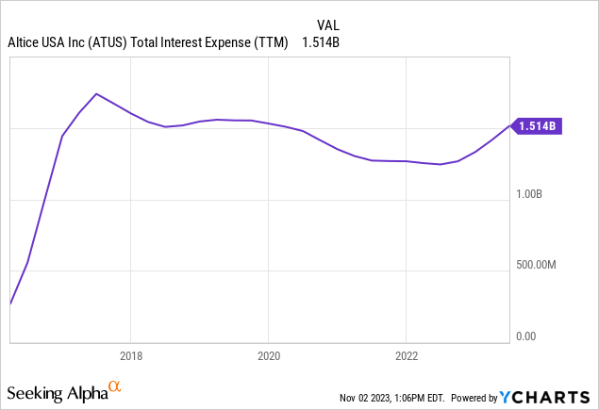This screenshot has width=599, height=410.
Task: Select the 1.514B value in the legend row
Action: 320,42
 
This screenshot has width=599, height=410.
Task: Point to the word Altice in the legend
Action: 25,42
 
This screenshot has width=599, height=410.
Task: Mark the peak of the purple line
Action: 96,93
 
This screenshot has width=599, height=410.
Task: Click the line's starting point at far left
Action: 10,303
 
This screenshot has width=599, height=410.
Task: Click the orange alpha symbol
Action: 114,386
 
